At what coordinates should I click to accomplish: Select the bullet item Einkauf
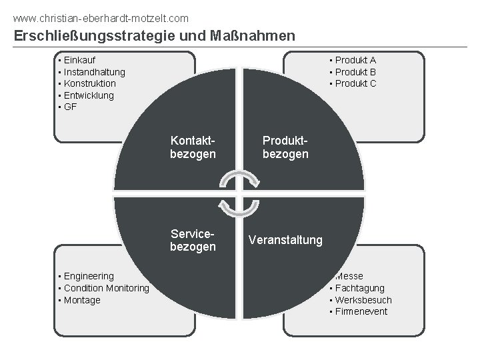click(79, 59)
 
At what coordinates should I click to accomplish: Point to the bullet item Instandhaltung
click(94, 71)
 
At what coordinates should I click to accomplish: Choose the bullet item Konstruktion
click(89, 83)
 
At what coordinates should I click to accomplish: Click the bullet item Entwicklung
click(89, 95)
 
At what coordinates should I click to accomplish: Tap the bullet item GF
click(70, 107)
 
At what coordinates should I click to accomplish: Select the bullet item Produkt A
click(355, 59)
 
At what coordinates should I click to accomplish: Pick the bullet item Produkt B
click(355, 71)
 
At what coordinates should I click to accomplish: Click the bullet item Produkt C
click(355, 83)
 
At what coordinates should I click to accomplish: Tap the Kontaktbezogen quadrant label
click(193, 147)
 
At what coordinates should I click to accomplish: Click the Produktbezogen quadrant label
click(285, 147)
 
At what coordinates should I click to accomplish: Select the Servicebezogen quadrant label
click(193, 240)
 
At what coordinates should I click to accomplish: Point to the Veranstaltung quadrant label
click(285, 240)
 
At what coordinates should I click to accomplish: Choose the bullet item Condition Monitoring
click(106, 288)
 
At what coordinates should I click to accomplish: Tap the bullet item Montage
click(82, 300)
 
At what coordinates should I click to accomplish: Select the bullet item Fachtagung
click(360, 288)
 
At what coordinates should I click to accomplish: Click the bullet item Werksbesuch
click(363, 300)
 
